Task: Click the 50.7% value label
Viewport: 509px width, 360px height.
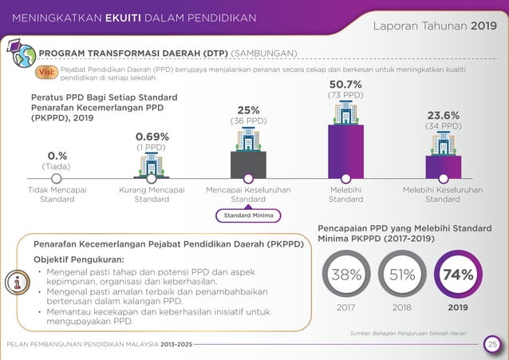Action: pyautogui.click(x=345, y=84)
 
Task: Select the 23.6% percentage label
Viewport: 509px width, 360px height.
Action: pyautogui.click(x=444, y=114)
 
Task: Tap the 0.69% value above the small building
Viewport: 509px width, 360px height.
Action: pyautogui.click(x=152, y=136)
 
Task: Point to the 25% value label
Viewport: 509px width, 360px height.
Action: pyautogui.click(x=248, y=110)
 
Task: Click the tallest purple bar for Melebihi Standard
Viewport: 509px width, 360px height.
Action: pyautogui.click(x=345, y=151)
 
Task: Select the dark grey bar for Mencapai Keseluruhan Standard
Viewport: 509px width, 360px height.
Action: pyautogui.click(x=248, y=164)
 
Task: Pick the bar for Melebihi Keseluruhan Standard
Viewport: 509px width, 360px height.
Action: pyautogui.click(x=444, y=166)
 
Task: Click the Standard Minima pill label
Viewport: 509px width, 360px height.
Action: pyautogui.click(x=247, y=216)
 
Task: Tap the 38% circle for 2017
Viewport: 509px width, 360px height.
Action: pyautogui.click(x=346, y=275)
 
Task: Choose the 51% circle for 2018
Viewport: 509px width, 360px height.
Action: pyautogui.click(x=402, y=275)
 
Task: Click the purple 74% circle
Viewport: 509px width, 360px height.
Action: pyautogui.click(x=458, y=275)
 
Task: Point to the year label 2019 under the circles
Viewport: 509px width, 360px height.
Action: pyautogui.click(x=458, y=307)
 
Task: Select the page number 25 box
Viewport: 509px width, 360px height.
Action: pyautogui.click(x=492, y=344)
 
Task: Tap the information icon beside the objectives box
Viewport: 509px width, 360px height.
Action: pyautogui.click(x=17, y=282)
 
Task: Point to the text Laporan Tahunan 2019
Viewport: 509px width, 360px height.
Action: pyautogui.click(x=434, y=26)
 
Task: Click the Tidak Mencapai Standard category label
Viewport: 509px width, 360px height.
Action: pyautogui.click(x=57, y=195)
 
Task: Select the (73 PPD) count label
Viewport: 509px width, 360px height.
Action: pyautogui.click(x=345, y=95)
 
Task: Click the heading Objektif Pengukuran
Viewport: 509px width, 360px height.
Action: pyautogui.click(x=78, y=259)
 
